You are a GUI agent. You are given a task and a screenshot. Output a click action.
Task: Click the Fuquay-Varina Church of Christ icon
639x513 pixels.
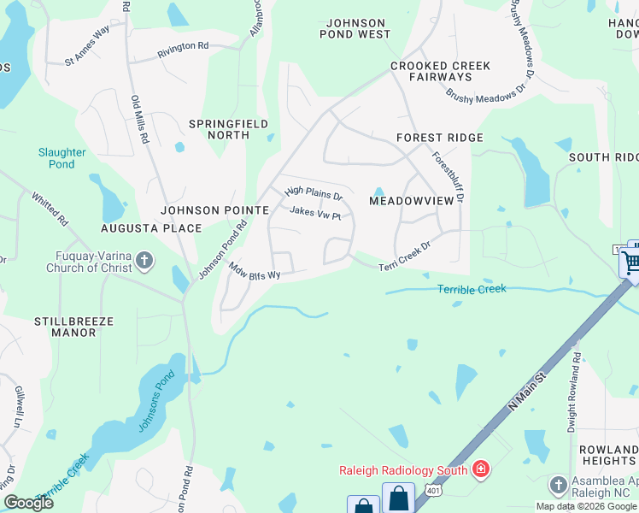pyautogui.click(x=145, y=261)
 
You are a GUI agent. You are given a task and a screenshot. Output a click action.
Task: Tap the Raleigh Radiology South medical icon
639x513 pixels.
pyautogui.click(x=480, y=469)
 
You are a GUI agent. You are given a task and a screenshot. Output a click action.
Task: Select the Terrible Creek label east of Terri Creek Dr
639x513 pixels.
pyautogui.click(x=472, y=289)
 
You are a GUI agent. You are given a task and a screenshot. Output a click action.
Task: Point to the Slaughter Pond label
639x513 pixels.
pyautogui.click(x=62, y=158)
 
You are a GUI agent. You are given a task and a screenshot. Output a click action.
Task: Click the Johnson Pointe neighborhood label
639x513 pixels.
pyautogui.click(x=215, y=209)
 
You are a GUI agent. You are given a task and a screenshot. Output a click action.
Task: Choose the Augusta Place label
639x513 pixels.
pyautogui.click(x=151, y=228)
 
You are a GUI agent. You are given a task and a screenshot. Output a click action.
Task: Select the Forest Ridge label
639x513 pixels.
pyautogui.click(x=440, y=138)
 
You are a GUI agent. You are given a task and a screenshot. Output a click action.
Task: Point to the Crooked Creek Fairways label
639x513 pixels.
pyautogui.click(x=440, y=71)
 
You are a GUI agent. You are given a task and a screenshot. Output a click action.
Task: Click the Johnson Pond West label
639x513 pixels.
pyautogui.click(x=355, y=29)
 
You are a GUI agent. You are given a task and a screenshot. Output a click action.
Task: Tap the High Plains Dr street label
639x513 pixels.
pyautogui.click(x=314, y=193)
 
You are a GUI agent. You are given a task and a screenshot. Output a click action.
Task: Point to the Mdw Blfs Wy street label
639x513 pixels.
pyautogui.click(x=255, y=270)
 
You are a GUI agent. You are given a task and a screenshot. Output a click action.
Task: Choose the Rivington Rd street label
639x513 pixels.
pyautogui.click(x=182, y=51)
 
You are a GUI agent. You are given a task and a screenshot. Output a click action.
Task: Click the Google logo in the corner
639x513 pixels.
pyautogui.click(x=28, y=502)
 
